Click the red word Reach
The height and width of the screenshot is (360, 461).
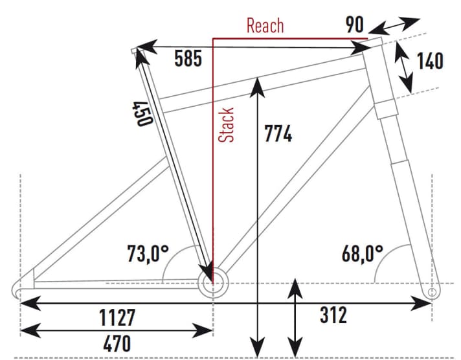coord(265,26)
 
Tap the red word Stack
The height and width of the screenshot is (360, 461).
coord(226,125)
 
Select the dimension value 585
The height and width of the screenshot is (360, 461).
coord(189,60)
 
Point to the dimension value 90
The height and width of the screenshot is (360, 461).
coord(354,25)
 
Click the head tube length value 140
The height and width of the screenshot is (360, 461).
coord(430,61)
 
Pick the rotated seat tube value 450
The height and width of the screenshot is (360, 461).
coord(142,113)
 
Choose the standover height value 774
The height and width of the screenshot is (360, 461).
coord(278,135)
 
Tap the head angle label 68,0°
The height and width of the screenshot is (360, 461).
coord(363,252)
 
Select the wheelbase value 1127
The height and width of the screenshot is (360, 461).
coord(117,318)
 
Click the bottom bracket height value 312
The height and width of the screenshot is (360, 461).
coord(333,315)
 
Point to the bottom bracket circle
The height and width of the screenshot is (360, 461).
coord(215,284)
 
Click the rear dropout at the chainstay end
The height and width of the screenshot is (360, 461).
coord(23,286)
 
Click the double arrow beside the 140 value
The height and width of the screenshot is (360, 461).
coord(403,70)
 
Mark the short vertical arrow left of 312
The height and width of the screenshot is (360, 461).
coord(295,317)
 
